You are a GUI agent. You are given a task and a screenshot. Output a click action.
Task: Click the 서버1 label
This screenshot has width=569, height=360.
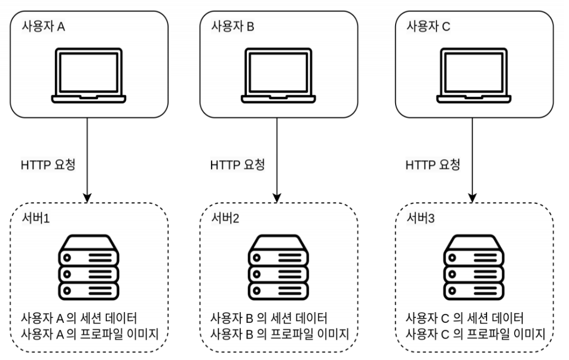(x=35, y=219)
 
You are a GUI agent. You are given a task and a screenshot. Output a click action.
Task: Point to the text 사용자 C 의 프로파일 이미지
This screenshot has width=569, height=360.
(x=474, y=332)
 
